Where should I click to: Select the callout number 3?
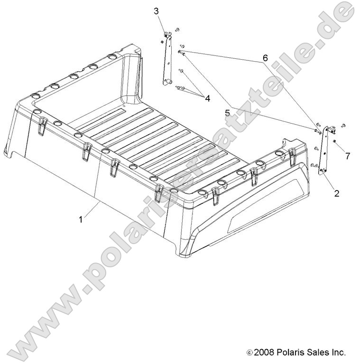(x=156, y=11)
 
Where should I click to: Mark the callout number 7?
(x=347, y=156)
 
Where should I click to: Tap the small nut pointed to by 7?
(x=335, y=142)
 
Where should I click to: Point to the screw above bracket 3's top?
(x=176, y=30)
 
